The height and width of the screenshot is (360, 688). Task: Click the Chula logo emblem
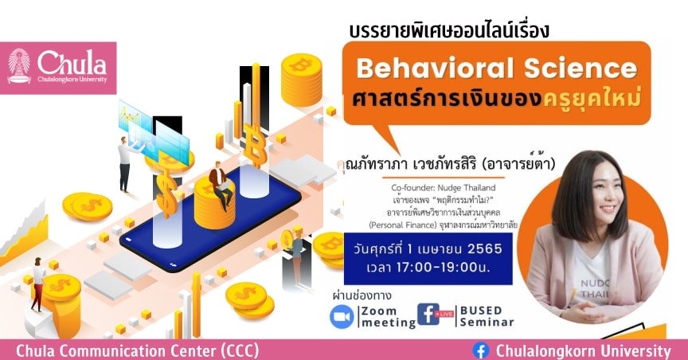point(19,66)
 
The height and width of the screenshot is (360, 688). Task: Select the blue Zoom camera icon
point(342,316)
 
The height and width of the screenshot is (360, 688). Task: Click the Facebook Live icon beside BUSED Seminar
point(436,315)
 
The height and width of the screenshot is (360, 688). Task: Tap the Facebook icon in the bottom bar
point(481,350)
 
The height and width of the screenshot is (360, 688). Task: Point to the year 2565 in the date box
point(484,249)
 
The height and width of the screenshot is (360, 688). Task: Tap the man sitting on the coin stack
point(220,185)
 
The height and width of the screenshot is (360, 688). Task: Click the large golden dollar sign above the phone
point(166,194)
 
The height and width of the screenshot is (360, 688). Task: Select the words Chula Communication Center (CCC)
point(137,350)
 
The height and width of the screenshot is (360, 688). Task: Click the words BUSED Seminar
point(487,316)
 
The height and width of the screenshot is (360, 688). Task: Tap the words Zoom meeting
point(389,317)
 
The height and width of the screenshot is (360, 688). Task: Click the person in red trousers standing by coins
point(38,284)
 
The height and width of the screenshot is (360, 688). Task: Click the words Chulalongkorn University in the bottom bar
point(583,350)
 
